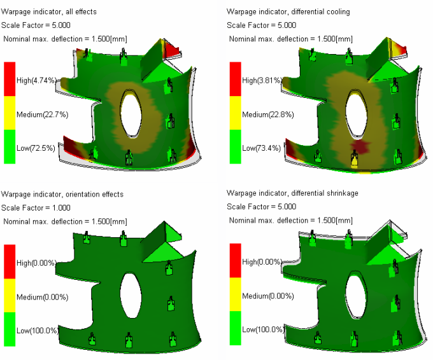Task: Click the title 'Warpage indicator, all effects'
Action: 49,12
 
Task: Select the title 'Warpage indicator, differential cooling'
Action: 288,12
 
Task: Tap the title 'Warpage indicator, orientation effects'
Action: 62,195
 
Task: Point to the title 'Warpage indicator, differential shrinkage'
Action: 292,193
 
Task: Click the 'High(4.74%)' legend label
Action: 36,81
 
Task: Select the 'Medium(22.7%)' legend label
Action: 42,114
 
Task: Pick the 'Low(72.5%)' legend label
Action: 36,148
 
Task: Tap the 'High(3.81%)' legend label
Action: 262,81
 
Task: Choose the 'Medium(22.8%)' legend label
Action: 268,114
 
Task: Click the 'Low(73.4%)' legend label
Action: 262,148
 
